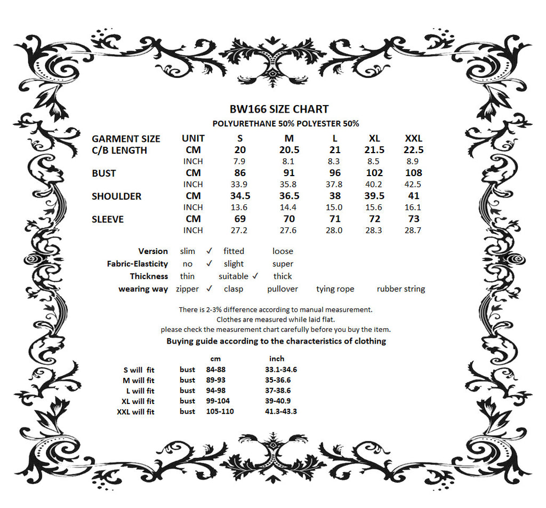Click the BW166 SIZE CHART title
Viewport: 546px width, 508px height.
[x=279, y=109]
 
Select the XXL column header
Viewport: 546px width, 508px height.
[x=413, y=139]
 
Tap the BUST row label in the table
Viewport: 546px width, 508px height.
[x=103, y=173]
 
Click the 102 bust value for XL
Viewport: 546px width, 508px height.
[x=374, y=173]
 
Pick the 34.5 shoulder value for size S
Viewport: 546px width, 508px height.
[x=240, y=196]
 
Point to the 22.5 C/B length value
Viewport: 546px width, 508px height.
[x=413, y=150]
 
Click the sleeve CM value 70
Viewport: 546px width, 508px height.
[x=288, y=219]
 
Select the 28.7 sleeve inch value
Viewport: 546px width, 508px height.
[x=413, y=231]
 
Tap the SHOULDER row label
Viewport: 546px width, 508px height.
[x=116, y=196]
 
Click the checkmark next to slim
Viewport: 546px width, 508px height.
[x=209, y=250]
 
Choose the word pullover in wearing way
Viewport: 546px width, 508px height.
[x=283, y=289]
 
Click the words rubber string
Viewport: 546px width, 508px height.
[x=400, y=289]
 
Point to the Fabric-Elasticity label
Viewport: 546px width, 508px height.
[x=137, y=264]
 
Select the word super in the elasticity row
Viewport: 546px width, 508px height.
[x=283, y=264]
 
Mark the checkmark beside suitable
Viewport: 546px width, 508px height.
[x=255, y=276]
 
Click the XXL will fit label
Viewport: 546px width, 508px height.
[x=135, y=412]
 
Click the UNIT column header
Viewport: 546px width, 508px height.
[x=193, y=139]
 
